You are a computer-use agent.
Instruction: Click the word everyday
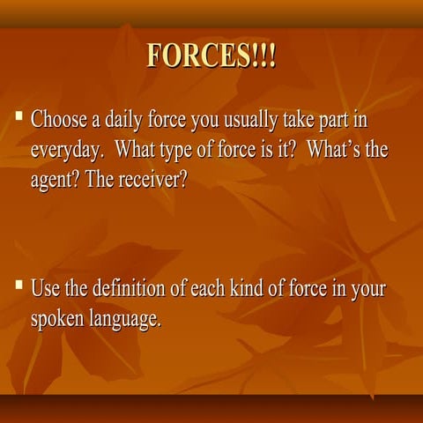pos(66,149)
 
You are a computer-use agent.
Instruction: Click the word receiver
pos(151,178)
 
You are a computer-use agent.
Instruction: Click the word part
pos(335,120)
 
